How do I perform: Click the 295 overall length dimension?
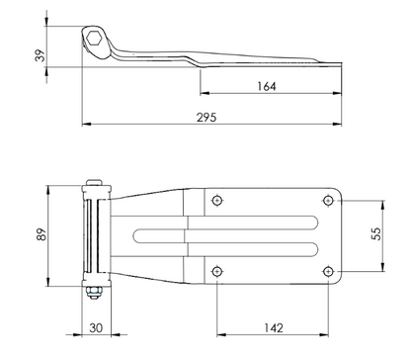coord(206,118)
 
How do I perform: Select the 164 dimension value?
coord(267,86)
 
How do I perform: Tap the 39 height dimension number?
coord(41,55)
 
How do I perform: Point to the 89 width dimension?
coord(41,234)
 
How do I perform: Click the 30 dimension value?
coord(96,328)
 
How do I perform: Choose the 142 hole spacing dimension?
coord(274,328)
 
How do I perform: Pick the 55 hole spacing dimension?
coord(376,233)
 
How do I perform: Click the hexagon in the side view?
coord(94,38)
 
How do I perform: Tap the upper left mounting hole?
coord(216,200)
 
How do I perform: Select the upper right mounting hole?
coord(328,200)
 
